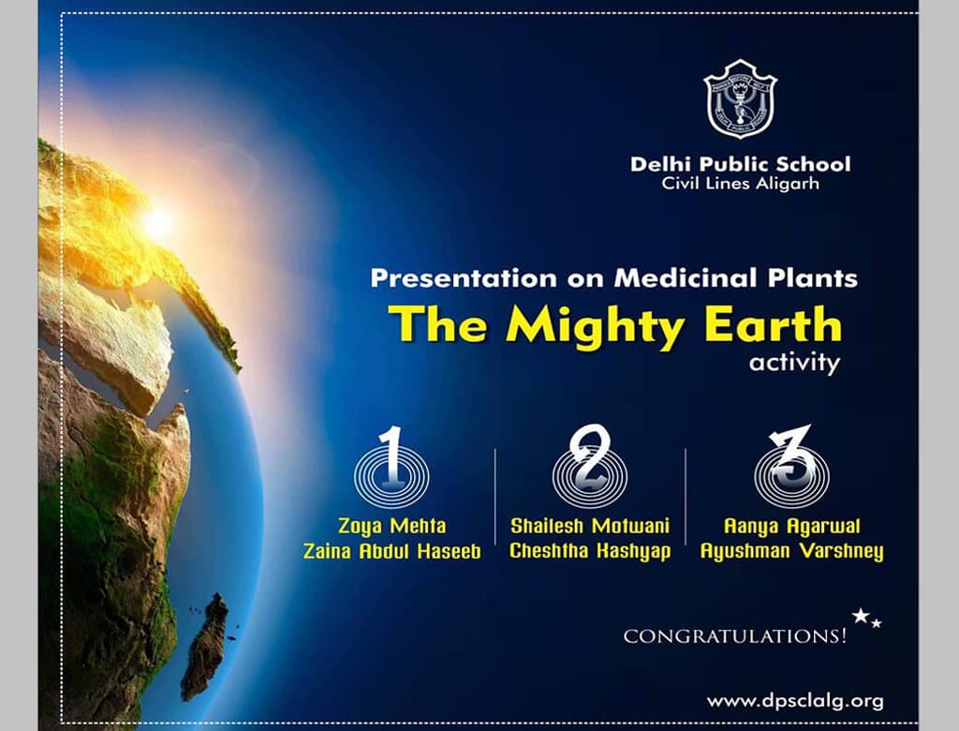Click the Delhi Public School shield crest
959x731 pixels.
pyautogui.click(x=740, y=98)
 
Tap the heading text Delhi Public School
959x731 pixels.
pyautogui.click(x=740, y=164)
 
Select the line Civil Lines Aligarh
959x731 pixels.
pyautogui.click(x=740, y=184)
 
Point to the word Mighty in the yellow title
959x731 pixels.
pyautogui.click(x=595, y=326)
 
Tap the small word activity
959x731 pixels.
pyautogui.click(x=794, y=363)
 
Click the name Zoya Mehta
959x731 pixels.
pyautogui.click(x=392, y=526)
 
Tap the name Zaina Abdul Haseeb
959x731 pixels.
pyautogui.click(x=392, y=552)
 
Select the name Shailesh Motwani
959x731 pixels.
pyautogui.click(x=590, y=526)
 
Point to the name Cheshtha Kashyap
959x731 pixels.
pyautogui.click(x=590, y=551)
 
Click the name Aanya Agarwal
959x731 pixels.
pyautogui.click(x=792, y=527)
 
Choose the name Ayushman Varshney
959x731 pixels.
pyautogui.click(x=792, y=552)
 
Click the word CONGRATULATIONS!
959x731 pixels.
pyautogui.click(x=735, y=636)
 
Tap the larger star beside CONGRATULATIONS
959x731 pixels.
pyautogui.click(x=862, y=616)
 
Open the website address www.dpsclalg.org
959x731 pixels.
pyautogui.click(x=795, y=701)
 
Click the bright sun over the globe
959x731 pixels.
pyautogui.click(x=158, y=223)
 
